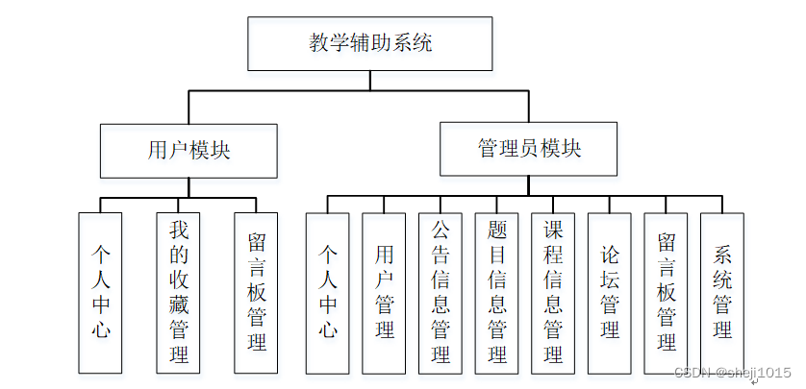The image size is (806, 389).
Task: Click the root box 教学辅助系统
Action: point(370,43)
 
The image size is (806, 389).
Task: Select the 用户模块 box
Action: point(189,151)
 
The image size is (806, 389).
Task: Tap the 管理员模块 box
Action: point(529,149)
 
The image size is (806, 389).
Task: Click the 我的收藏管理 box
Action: point(178,293)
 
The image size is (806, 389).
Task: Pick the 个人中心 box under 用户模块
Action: point(100,293)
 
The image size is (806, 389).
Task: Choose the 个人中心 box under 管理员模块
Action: point(328,293)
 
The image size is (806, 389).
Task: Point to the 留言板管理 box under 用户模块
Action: point(256,293)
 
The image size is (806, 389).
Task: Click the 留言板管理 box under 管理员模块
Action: point(667,293)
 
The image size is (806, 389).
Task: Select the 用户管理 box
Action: point(385,293)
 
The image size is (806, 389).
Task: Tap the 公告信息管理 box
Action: point(441,293)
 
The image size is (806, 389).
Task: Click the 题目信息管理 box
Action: point(497,293)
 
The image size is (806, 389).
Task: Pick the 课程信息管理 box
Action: point(553,293)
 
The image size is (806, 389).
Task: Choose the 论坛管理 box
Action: point(610,293)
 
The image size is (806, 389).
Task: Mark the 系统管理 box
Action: point(722,293)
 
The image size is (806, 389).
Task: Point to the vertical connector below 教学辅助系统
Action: point(370,81)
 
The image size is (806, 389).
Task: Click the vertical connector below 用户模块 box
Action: point(189,187)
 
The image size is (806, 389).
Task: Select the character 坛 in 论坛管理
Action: point(610,280)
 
